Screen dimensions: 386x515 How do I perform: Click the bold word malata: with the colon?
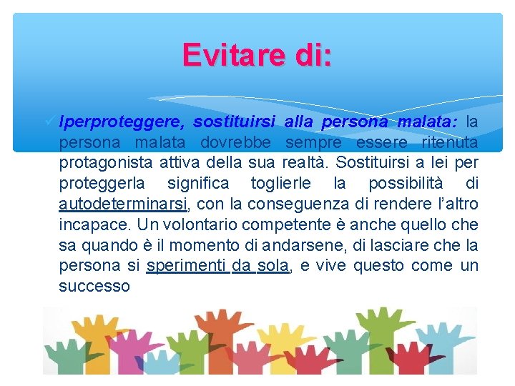pos(428,122)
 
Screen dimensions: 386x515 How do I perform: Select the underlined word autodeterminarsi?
pos(123,204)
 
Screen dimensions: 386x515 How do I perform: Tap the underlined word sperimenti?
pos(186,266)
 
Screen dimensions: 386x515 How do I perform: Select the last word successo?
pos(94,287)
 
